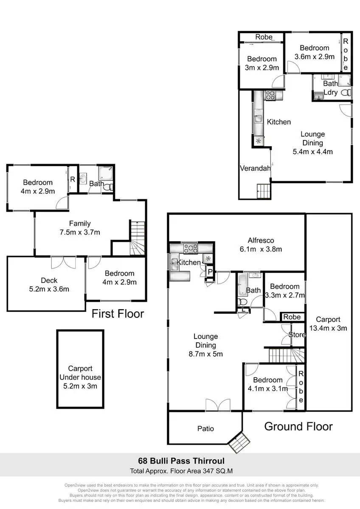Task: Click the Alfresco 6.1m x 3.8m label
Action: pos(261,245)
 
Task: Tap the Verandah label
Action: pos(255,168)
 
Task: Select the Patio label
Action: pos(205,428)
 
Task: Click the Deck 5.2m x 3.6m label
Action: pos(49,285)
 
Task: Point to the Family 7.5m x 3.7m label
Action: pos(80,228)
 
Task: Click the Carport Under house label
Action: pos(80,377)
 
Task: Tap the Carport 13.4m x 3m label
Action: pos(328,324)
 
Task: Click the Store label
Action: pos(297,335)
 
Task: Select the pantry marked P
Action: pos(210,272)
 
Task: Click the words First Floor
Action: pos(118,314)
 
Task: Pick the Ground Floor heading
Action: pos(298,427)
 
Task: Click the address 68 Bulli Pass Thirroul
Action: pos(181,461)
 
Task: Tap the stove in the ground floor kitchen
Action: pos(191,248)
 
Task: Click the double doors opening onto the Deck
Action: pos(63,263)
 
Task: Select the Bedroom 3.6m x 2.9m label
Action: pos(315,52)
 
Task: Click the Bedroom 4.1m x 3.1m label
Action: pos(268,384)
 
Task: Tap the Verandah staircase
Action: pos(264,191)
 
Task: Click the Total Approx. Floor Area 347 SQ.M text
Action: pos(181,471)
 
